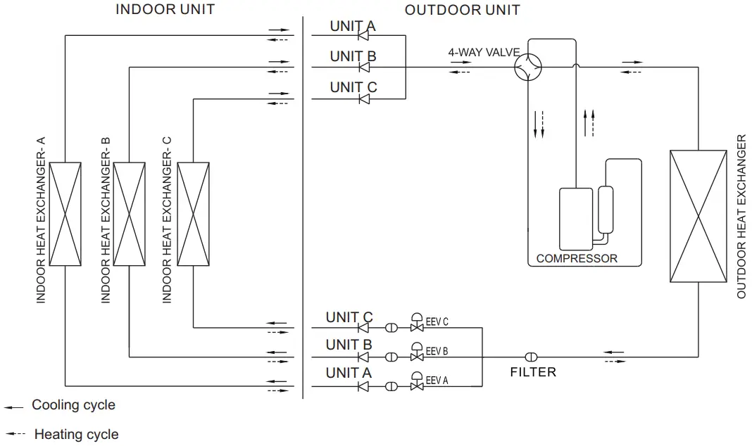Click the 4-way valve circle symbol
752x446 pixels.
click(x=528, y=68)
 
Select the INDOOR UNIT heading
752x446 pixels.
click(x=165, y=9)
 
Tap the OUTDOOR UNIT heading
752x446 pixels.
click(x=462, y=9)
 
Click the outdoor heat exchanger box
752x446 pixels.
click(x=698, y=216)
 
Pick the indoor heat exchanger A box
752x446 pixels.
click(x=65, y=214)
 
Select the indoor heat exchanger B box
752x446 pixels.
click(x=130, y=214)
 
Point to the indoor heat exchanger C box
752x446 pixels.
click(x=194, y=214)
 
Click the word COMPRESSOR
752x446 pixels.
click(x=576, y=258)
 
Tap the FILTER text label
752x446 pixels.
click(x=533, y=371)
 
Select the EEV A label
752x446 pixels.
click(x=437, y=380)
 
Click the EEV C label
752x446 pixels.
click(x=437, y=322)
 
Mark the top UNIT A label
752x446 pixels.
click(x=353, y=26)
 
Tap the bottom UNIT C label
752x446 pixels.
click(x=349, y=317)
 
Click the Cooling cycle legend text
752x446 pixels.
click(x=73, y=405)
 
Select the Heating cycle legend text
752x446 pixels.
click(x=76, y=434)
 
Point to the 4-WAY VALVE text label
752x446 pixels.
click(x=484, y=52)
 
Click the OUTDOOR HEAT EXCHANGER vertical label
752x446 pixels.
click(x=741, y=216)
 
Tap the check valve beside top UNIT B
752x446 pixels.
click(x=364, y=68)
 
